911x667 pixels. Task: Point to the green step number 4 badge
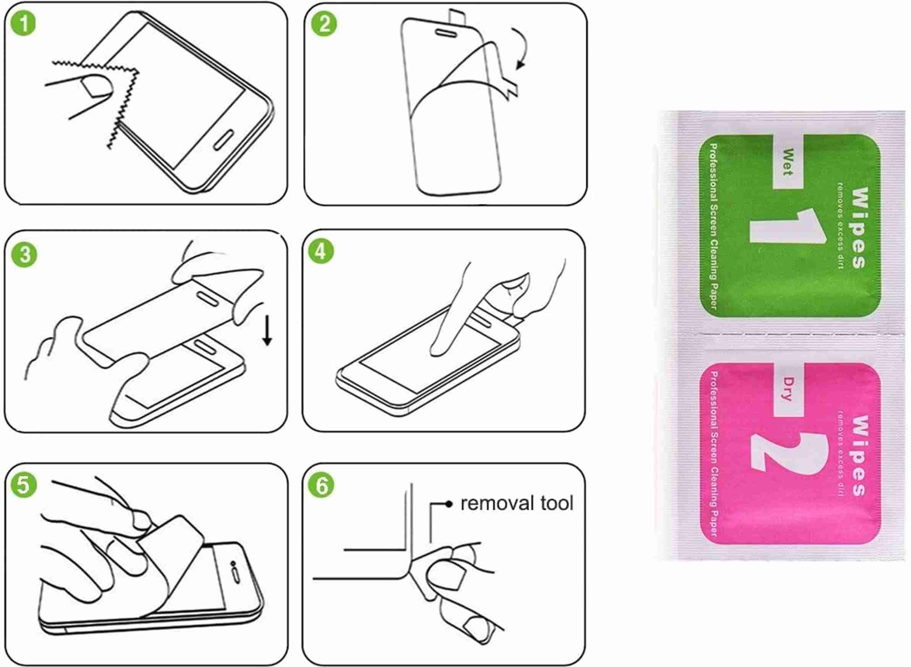pyautogui.click(x=321, y=252)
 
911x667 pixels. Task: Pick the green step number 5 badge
pyautogui.click(x=24, y=485)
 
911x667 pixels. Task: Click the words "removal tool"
pyautogui.click(x=517, y=504)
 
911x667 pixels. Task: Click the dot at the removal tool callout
pyautogui.click(x=448, y=504)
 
